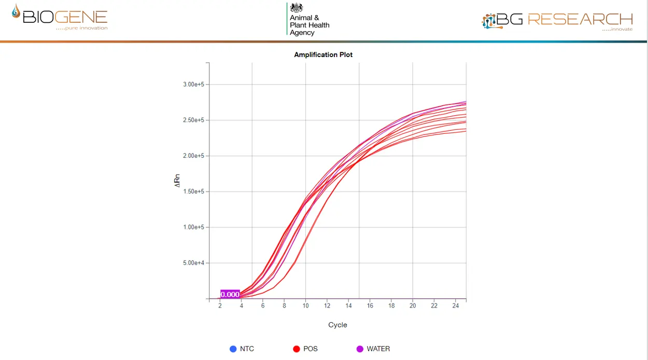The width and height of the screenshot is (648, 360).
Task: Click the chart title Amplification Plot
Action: click(x=323, y=54)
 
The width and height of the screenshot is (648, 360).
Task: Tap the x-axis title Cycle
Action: click(x=337, y=325)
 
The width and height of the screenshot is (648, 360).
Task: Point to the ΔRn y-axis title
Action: click(x=177, y=181)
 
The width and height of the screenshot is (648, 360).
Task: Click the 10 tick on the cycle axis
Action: click(x=305, y=306)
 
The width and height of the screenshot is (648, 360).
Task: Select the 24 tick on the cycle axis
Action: click(x=455, y=306)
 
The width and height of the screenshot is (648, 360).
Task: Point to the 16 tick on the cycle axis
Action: click(x=370, y=306)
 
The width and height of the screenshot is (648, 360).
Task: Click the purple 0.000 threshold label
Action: click(x=230, y=294)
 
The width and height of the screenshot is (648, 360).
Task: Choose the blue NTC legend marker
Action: click(x=233, y=349)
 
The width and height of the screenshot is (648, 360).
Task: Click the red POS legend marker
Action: click(x=297, y=349)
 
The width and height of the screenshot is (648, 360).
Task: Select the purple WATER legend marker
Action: click(x=360, y=349)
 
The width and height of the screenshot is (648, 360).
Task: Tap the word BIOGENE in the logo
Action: click(x=65, y=17)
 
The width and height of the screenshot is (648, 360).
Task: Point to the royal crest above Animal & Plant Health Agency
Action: click(x=297, y=8)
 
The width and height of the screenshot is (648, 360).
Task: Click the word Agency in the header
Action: click(x=302, y=33)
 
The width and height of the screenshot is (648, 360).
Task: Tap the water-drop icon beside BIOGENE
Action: click(x=17, y=12)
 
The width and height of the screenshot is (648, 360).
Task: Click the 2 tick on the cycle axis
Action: click(x=220, y=306)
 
